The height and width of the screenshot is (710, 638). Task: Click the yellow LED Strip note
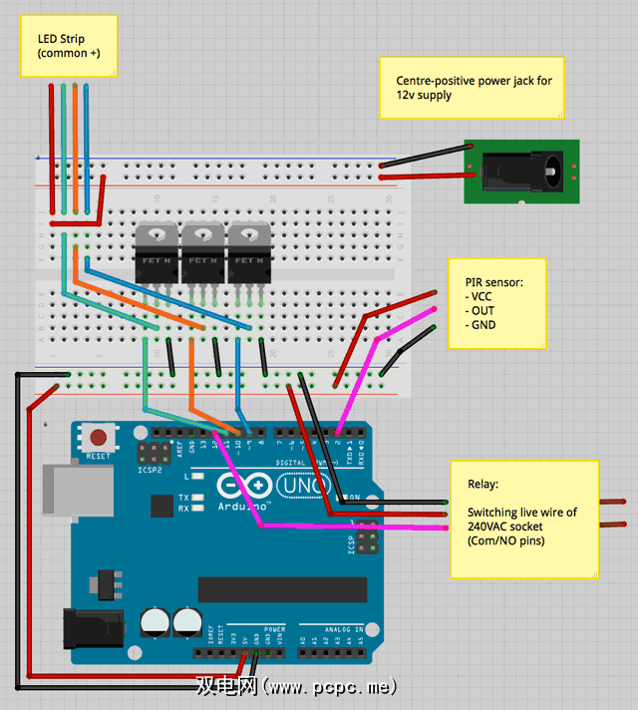coord(69,46)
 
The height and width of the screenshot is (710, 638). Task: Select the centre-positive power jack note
coord(472,88)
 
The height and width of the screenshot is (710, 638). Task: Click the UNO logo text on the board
coord(295,486)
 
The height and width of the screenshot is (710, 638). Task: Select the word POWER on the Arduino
coord(274,630)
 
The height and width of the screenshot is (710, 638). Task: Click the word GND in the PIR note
coord(485,325)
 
